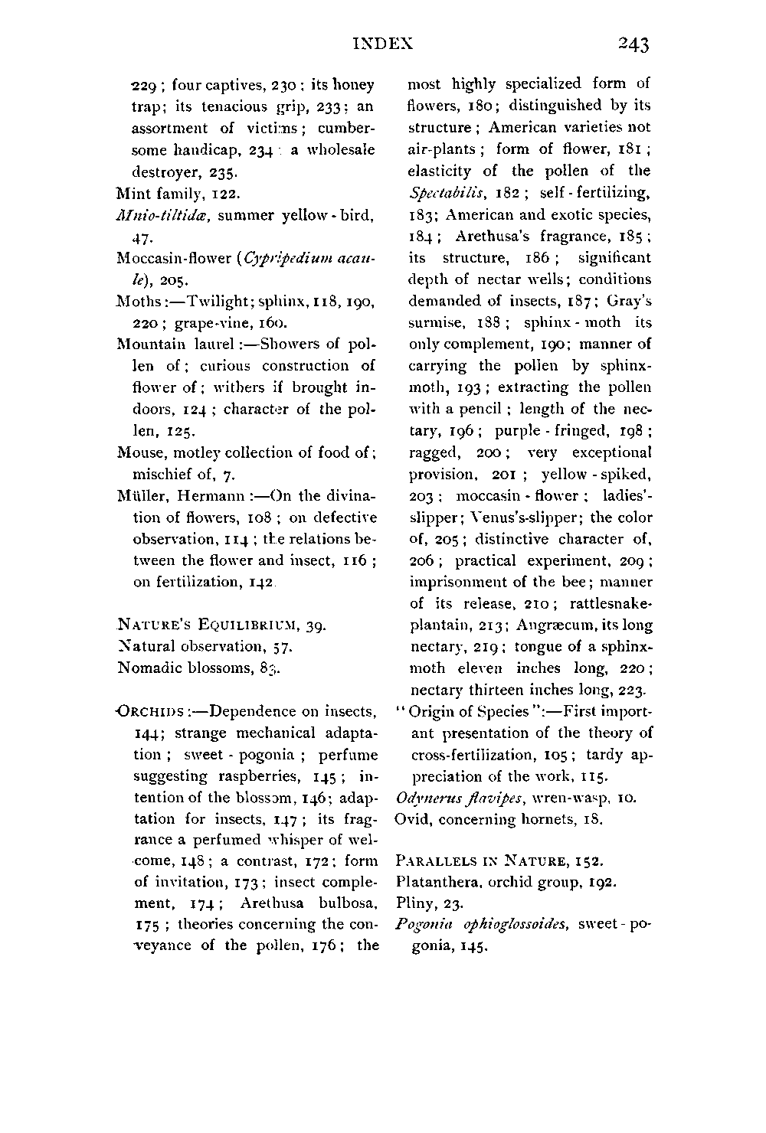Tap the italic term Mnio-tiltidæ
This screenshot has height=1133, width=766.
[x=163, y=216]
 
